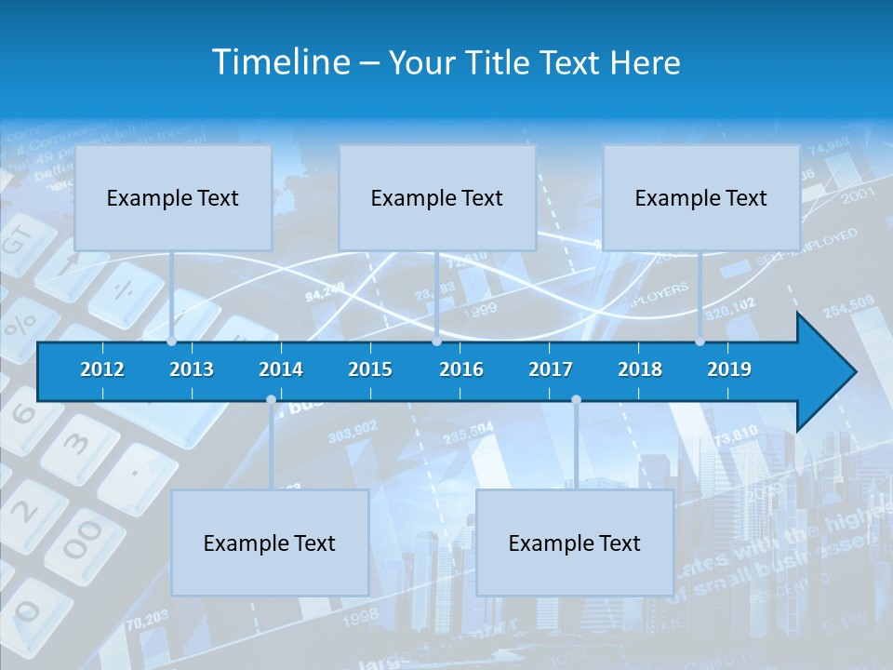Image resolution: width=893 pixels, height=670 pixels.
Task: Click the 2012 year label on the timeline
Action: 102,369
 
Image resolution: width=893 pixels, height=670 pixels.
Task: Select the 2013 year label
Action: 192,369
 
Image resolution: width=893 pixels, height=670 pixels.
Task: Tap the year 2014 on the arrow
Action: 281,369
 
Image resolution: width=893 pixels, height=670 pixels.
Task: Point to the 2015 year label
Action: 370,369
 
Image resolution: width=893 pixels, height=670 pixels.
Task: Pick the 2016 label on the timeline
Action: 461,369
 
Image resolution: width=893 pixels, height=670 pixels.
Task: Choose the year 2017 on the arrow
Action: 551,369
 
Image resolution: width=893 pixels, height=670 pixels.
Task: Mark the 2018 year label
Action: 640,369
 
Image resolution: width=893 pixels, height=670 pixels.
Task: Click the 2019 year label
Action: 729,369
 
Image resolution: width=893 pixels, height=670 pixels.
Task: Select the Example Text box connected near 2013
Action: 173,197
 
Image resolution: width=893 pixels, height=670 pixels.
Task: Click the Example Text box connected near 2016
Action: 437,197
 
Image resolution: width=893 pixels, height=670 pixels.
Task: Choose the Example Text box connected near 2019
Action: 701,197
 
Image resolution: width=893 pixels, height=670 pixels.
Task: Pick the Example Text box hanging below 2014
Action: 270,543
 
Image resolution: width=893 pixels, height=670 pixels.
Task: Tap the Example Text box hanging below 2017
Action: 575,543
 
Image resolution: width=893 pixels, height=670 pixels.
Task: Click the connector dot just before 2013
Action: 171,342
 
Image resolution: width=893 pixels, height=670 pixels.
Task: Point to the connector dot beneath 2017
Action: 576,400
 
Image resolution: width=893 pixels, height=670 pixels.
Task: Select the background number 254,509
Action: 847,303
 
